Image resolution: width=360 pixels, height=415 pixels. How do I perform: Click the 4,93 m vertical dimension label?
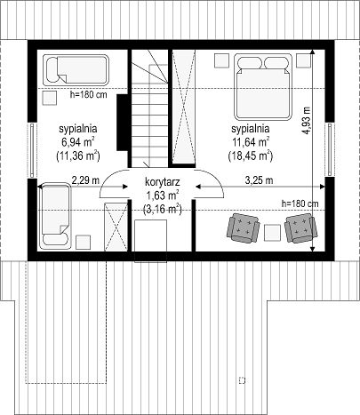pyautogui.click(x=307, y=120)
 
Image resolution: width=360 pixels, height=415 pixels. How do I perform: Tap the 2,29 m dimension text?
pyautogui.click(x=85, y=180)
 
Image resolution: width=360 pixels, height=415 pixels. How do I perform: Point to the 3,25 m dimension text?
pyautogui.click(x=259, y=180)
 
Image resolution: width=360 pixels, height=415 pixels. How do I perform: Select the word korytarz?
pyautogui.click(x=163, y=182)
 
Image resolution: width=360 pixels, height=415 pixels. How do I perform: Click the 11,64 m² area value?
pyautogui.click(x=251, y=142)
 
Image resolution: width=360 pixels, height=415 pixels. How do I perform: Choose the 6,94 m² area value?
pyautogui.click(x=78, y=142)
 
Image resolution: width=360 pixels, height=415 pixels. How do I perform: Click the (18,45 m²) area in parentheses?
pyautogui.click(x=251, y=156)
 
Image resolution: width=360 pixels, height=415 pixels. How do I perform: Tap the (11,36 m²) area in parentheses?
pyautogui.click(x=78, y=156)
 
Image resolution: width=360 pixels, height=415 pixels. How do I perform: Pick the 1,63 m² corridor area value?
pyautogui.click(x=162, y=196)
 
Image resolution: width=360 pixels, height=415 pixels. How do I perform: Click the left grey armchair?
pyautogui.click(x=243, y=228)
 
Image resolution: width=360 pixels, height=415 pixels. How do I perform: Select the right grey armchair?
pyautogui.click(x=300, y=227)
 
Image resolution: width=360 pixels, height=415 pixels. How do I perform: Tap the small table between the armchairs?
pyautogui.click(x=272, y=233)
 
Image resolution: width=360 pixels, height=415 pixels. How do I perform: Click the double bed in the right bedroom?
pyautogui.click(x=263, y=87)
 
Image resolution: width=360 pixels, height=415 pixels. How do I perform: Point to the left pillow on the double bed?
pyautogui.click(x=251, y=63)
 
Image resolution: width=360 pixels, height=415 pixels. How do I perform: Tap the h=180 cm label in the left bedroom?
pyautogui.click(x=88, y=95)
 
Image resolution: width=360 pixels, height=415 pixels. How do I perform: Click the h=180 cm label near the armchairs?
pyautogui.click(x=300, y=204)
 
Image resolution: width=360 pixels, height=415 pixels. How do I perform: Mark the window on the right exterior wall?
pyautogui.click(x=330, y=149)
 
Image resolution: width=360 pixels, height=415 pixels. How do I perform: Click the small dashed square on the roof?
pyautogui.click(x=242, y=380)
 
